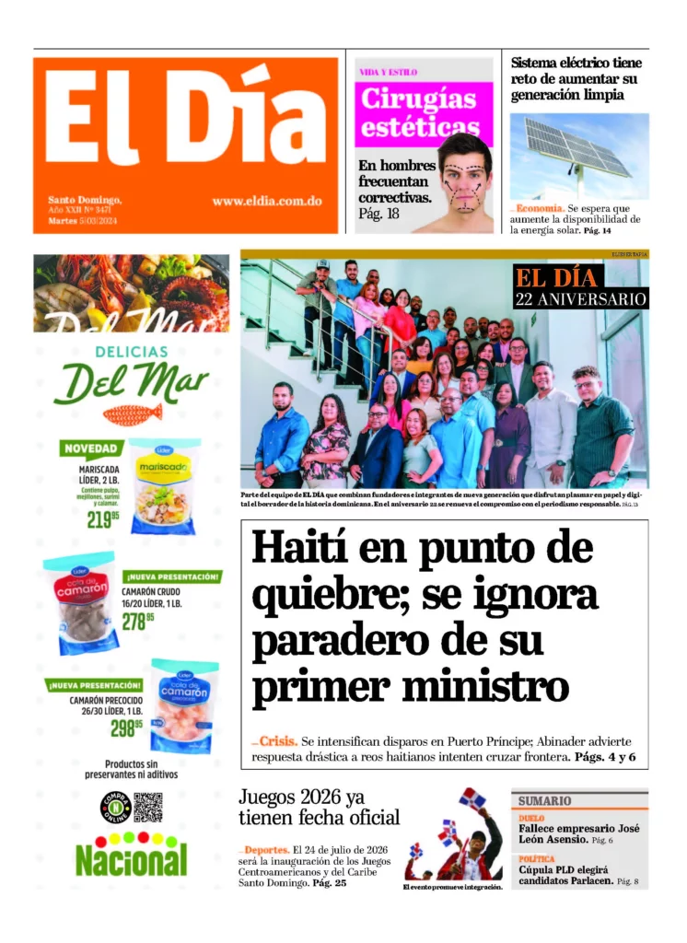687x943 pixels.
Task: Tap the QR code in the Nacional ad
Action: pyautogui.click(x=147, y=807)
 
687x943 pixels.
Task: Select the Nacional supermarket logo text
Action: pyautogui.click(x=131, y=859)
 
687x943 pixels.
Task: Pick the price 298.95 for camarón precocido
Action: pyautogui.click(x=126, y=728)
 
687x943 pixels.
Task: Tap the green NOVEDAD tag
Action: pyautogui.click(x=91, y=449)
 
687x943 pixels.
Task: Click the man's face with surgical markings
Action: pyautogui.click(x=466, y=182)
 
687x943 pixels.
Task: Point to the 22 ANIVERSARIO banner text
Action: pyautogui.click(x=581, y=299)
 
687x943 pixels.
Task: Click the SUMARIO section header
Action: pyautogui.click(x=544, y=800)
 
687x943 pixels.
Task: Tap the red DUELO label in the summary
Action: pyautogui.click(x=531, y=818)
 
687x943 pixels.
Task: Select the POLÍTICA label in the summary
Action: pyautogui.click(x=537, y=858)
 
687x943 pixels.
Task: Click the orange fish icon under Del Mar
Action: pyautogui.click(x=132, y=414)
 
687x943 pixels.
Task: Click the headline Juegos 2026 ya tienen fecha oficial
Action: pyautogui.click(x=319, y=807)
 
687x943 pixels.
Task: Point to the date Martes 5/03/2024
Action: pyautogui.click(x=83, y=221)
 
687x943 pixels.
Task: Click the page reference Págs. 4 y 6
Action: pyautogui.click(x=605, y=757)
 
